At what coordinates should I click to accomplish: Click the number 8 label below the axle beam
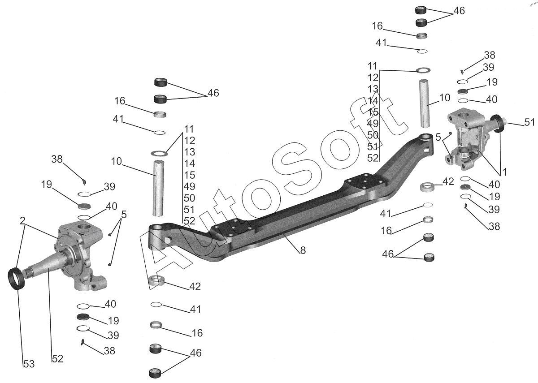[x=303, y=250]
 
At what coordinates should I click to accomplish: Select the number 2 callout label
[x=22, y=221]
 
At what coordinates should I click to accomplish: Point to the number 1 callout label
[x=504, y=172]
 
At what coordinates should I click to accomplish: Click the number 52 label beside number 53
[x=58, y=359]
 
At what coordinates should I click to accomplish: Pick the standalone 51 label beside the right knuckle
[x=529, y=122]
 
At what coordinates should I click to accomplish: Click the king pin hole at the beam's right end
[x=426, y=138]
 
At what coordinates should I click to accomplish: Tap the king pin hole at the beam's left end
[x=156, y=227]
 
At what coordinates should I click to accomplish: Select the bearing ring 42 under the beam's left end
[x=156, y=280]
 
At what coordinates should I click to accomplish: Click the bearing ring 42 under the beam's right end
[x=428, y=186]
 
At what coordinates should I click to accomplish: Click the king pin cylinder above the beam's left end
[x=158, y=188]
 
